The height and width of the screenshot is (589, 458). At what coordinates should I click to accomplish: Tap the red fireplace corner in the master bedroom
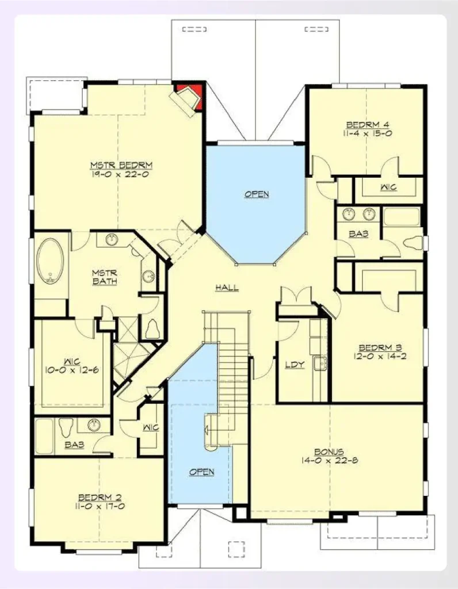pos(190,92)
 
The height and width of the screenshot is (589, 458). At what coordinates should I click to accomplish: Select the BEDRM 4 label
pos(367,124)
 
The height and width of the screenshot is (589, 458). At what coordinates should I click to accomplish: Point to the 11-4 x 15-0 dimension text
pos(367,133)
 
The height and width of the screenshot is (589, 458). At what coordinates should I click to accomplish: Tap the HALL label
pos(227,288)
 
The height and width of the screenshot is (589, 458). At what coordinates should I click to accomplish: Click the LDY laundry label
pos(295,364)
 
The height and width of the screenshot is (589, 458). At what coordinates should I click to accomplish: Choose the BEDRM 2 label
pos(100,498)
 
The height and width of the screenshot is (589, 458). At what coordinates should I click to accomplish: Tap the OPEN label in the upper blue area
pos(257,194)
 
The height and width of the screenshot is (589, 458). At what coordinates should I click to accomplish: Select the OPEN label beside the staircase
pos(202,472)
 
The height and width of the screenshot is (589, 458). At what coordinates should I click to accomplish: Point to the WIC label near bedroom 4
pos(389,188)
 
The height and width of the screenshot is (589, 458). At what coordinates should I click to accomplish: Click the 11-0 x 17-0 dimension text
pos(100,507)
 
